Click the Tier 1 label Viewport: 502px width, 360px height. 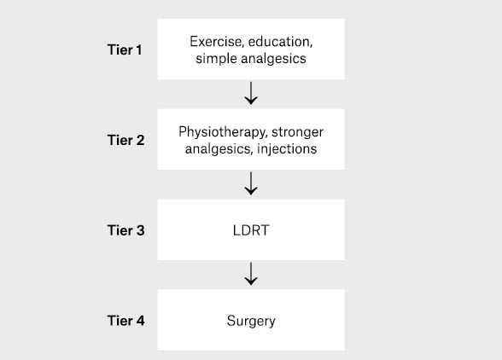tap(125, 50)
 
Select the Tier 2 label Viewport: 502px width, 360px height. tap(125, 140)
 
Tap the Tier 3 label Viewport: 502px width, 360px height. tap(125, 230)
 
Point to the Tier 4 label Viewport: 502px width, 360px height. tap(125, 321)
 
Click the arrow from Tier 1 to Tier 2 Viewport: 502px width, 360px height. tap(251, 93)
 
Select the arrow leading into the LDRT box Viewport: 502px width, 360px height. tap(251, 183)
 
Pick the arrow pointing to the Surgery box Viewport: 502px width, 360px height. tap(251, 274)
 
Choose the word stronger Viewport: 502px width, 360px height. tap(297, 132)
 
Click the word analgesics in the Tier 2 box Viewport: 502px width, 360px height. tap(219, 149)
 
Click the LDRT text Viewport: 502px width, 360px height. tap(251, 230)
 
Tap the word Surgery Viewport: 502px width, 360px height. tap(251, 321)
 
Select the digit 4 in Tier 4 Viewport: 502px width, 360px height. tap(140, 321)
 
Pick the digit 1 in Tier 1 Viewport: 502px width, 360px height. tap(138, 50)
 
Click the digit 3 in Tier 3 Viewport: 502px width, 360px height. tap(140, 230)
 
